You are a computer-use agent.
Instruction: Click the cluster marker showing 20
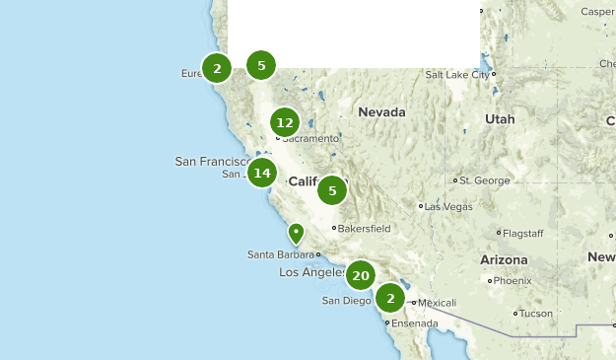tap(361, 275)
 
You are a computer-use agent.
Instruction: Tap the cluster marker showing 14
tap(261, 174)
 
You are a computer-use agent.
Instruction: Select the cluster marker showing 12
tap(285, 122)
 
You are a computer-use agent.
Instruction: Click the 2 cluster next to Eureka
tap(216, 68)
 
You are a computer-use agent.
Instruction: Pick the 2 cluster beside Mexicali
tap(391, 298)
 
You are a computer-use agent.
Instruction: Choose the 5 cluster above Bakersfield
tap(333, 190)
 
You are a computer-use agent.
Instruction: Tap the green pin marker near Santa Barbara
tap(296, 233)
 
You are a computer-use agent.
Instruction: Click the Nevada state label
tap(381, 112)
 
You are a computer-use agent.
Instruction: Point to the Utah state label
tap(500, 118)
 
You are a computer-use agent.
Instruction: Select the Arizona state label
tap(504, 259)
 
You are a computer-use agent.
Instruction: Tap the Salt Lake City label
tap(456, 74)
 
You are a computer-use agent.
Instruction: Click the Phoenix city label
tap(512, 280)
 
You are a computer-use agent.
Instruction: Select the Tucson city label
tap(536, 314)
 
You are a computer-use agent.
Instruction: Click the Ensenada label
tap(413, 323)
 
